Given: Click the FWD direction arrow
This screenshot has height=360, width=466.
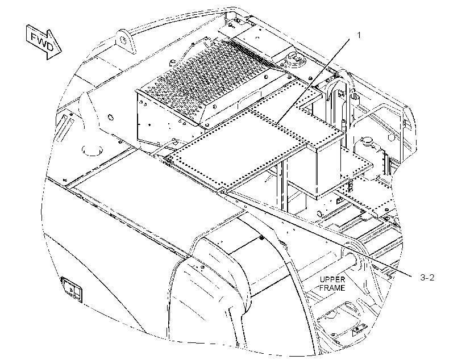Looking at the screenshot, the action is [44, 42].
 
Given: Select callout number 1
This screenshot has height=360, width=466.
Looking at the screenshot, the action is [359, 35].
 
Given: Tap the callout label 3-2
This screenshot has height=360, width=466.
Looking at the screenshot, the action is [427, 278].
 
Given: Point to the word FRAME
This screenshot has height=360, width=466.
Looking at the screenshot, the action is [332, 288].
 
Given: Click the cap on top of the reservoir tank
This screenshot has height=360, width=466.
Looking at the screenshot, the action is [367, 140].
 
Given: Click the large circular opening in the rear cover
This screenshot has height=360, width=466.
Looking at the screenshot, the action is [92, 150].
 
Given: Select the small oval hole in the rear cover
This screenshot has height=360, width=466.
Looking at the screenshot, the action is [111, 117].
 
